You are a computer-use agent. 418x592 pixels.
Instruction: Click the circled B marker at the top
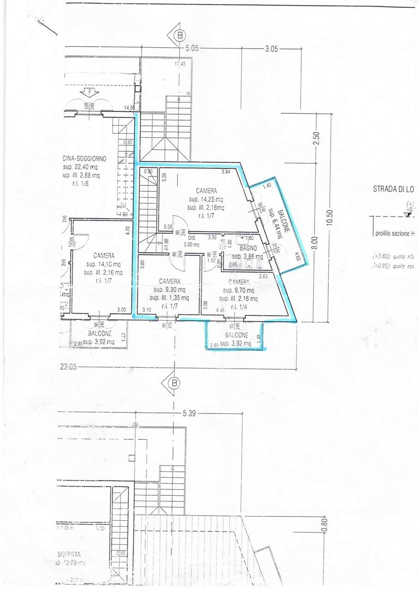coord(180,35)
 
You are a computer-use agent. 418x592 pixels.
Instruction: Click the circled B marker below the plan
coord(174,383)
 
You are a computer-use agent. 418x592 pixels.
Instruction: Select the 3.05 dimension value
coord(271,49)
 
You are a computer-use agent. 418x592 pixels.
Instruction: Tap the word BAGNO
coord(248,248)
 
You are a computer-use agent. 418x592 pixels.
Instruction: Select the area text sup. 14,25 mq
coord(206,200)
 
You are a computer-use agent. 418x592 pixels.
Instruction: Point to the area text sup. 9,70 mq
coord(238,290)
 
